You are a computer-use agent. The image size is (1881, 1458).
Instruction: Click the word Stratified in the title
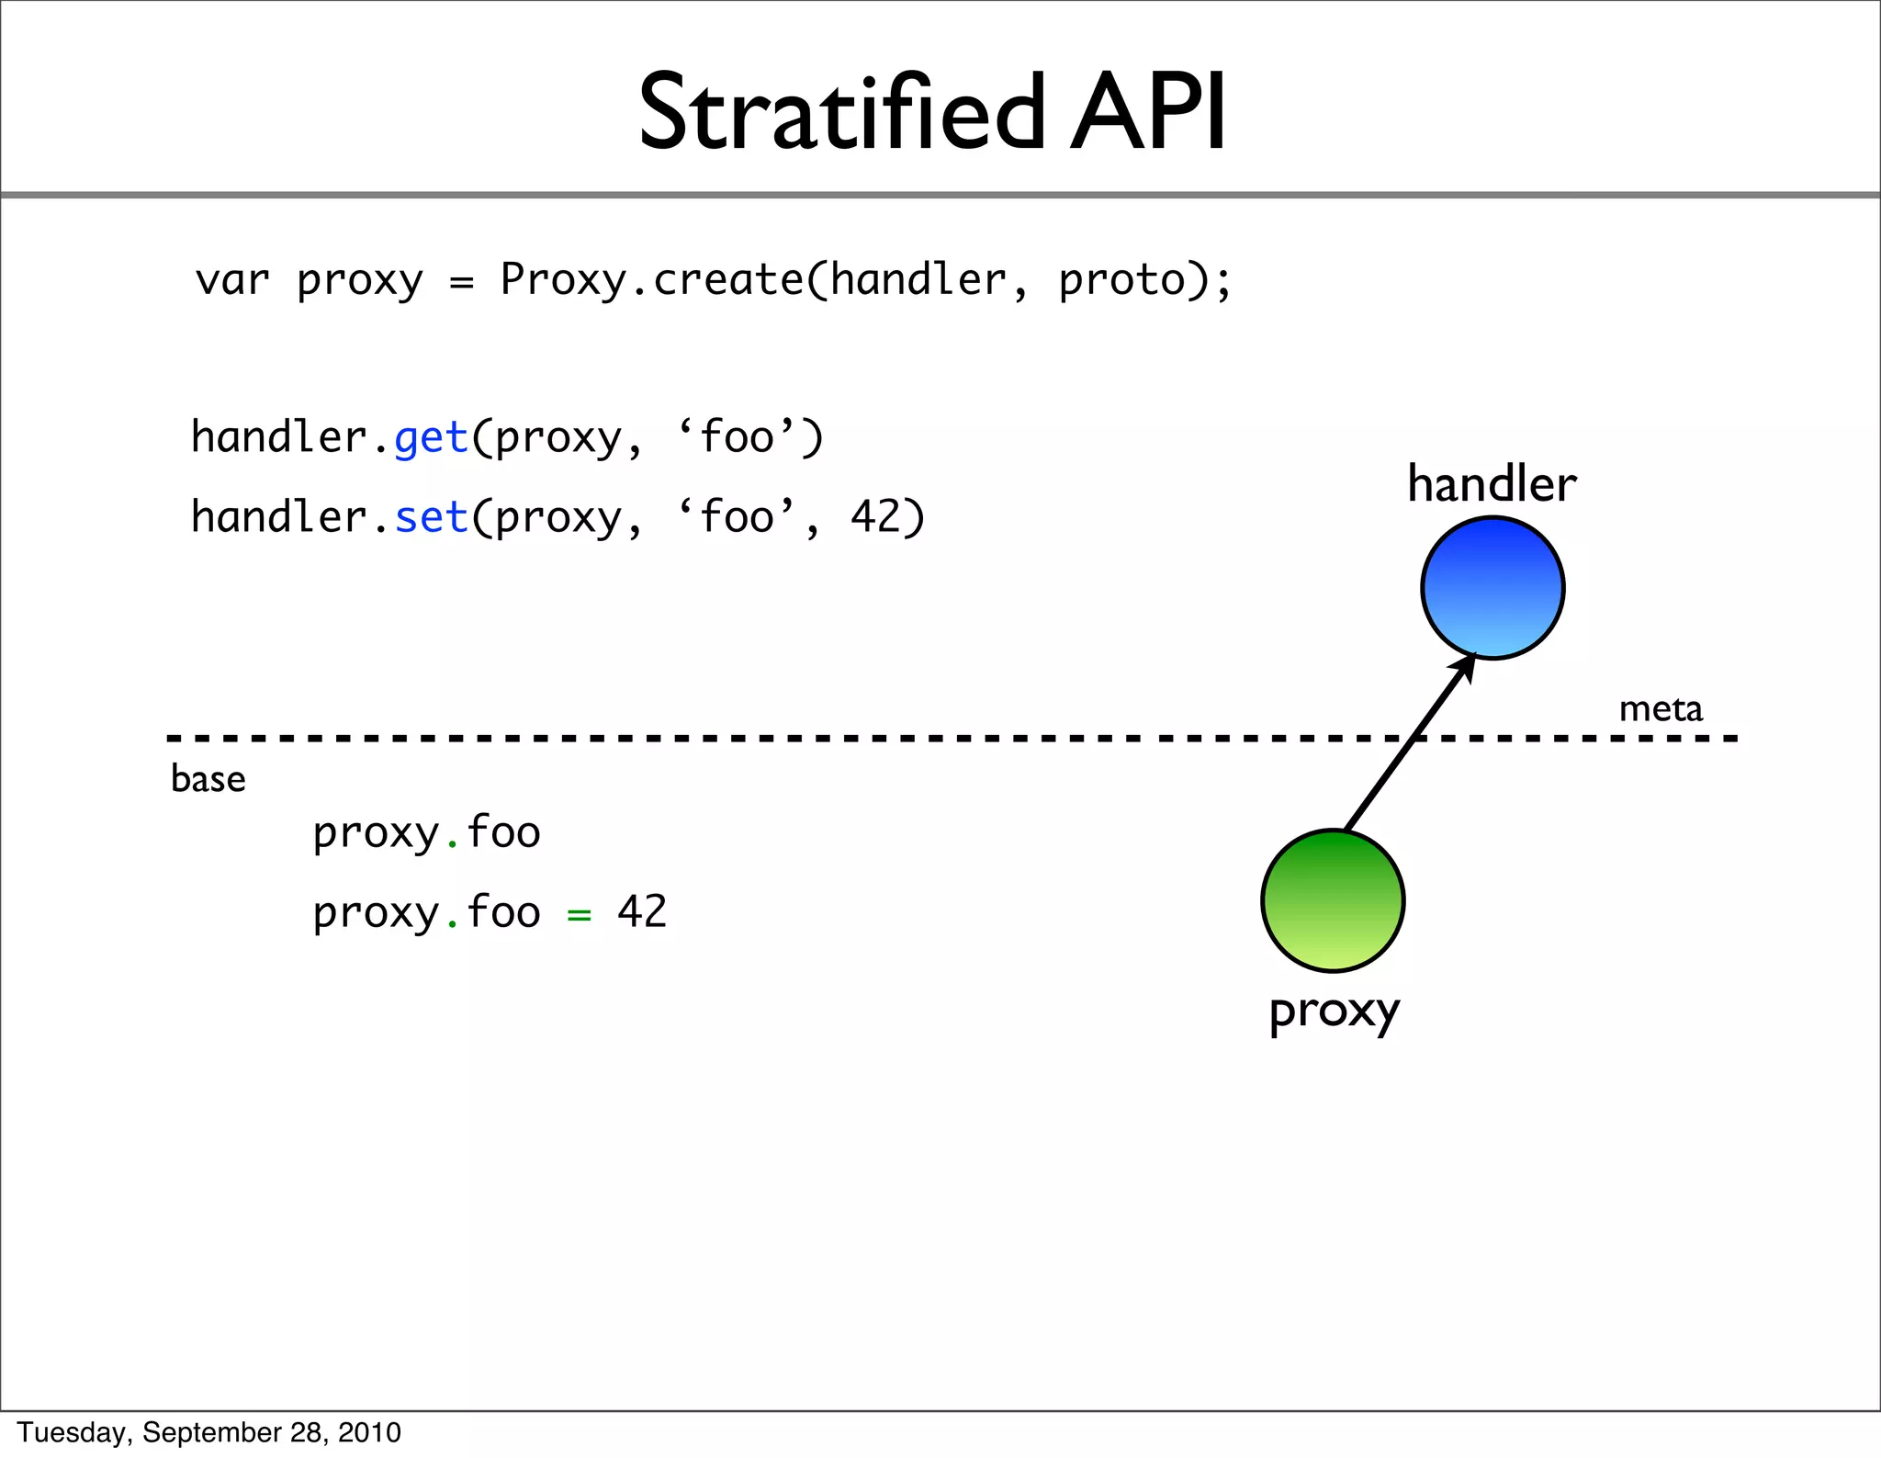[841, 113]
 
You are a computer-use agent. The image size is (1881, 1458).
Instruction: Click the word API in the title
[1147, 113]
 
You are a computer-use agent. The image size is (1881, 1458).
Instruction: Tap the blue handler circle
[1492, 588]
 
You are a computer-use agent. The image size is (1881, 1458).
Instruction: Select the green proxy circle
[1333, 900]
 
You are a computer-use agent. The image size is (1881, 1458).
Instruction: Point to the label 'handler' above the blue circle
[1492, 484]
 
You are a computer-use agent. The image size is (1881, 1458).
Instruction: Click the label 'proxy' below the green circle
[1334, 1012]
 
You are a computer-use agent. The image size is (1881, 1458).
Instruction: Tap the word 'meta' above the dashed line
[1661, 708]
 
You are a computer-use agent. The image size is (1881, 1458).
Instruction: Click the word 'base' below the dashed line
[208, 779]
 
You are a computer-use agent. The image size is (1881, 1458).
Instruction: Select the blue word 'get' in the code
[432, 437]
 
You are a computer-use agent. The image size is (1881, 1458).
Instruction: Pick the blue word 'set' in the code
[432, 517]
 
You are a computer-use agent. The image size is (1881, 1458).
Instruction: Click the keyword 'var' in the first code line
[232, 280]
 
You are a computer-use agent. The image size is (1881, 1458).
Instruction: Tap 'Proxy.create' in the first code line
[651, 280]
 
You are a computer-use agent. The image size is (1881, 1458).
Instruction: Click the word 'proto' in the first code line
[1121, 280]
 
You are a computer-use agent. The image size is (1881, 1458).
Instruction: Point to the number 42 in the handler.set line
[875, 517]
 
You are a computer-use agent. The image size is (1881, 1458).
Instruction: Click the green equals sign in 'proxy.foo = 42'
[579, 914]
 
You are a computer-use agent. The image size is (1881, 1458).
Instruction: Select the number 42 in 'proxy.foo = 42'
[642, 912]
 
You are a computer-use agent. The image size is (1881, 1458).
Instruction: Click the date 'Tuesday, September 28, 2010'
[209, 1432]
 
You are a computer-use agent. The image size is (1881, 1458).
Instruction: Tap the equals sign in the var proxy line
[462, 282]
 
